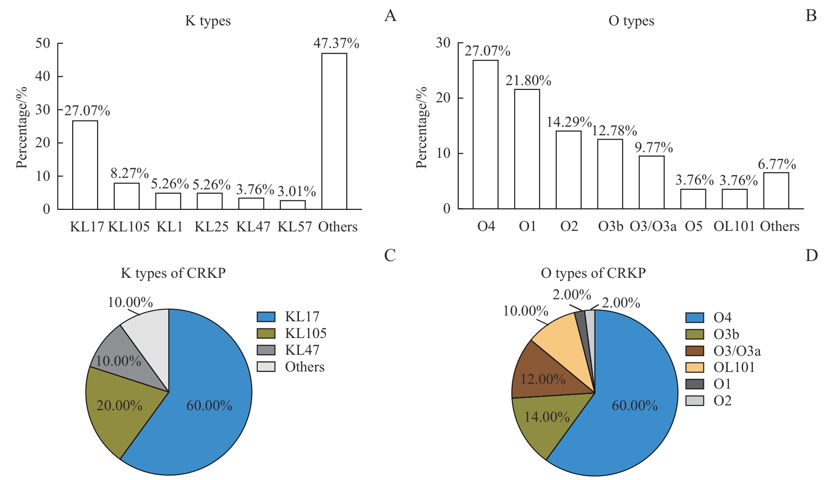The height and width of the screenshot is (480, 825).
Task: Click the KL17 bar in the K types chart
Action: [x=85, y=165]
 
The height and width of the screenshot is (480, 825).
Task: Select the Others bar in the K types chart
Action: [x=334, y=131]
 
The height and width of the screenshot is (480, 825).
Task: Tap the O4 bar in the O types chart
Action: [x=485, y=134]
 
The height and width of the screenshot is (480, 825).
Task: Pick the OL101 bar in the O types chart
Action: [x=735, y=199]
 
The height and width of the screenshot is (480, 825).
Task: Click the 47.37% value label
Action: [x=336, y=44]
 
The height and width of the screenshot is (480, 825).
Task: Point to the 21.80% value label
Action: [x=528, y=81]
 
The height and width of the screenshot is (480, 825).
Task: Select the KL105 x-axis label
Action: [x=129, y=227]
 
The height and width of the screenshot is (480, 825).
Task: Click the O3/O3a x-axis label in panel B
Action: [x=653, y=226]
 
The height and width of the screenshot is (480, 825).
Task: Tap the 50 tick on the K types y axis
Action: [x=43, y=44]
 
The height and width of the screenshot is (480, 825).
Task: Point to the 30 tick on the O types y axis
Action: [x=443, y=43]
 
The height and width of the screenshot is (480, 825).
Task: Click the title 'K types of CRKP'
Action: [x=173, y=273]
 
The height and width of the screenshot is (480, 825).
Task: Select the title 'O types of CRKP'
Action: [x=593, y=273]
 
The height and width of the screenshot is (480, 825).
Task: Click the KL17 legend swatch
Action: [x=266, y=317]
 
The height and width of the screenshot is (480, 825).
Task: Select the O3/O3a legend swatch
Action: [x=694, y=351]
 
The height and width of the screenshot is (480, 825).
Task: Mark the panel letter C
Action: [x=390, y=256]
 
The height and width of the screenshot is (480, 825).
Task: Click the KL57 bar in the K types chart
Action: [x=293, y=205]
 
